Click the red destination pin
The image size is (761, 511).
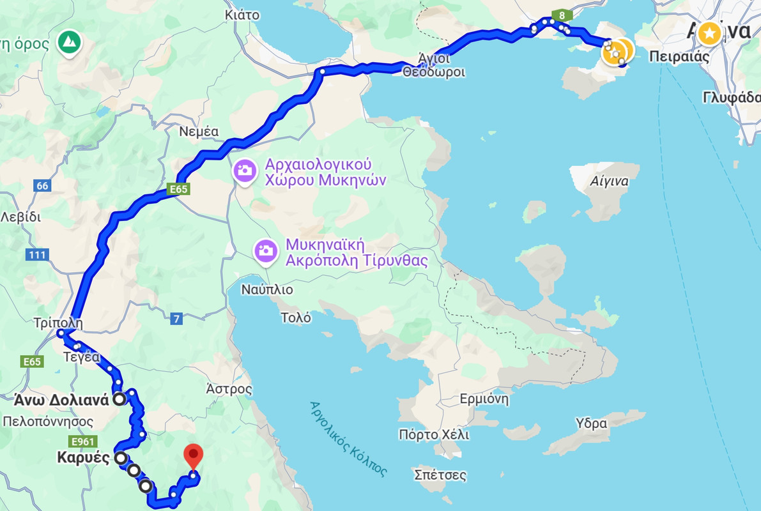point(193,457)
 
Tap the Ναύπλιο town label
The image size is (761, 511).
point(267,289)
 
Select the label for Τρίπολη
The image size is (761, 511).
point(58,323)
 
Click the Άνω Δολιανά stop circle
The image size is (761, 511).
point(119,400)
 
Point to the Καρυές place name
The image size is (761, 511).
point(83,458)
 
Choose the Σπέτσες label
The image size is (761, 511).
point(440,475)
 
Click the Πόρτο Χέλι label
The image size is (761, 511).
point(434,435)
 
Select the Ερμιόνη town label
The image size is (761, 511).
point(484,400)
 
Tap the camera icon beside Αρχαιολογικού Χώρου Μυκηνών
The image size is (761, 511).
point(245,171)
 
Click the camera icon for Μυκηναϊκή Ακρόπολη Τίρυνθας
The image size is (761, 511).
point(265,250)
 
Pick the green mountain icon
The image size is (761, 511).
point(68,43)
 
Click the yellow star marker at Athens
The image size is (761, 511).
point(709,33)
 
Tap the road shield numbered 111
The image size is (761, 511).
point(38,255)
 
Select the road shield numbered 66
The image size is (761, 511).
point(42,186)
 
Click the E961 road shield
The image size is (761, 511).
point(84,441)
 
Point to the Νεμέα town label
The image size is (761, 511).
point(199,132)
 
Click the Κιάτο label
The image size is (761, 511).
point(242,15)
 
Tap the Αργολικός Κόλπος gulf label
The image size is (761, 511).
point(348,439)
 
